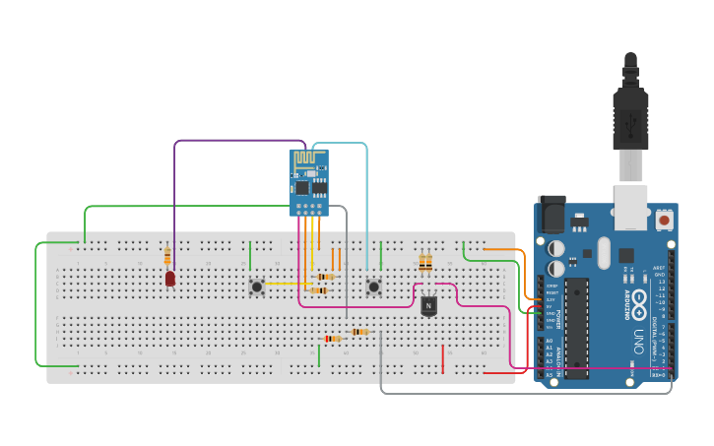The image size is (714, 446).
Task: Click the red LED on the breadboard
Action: coord(170,279)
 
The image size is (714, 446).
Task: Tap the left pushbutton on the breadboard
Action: coord(257,287)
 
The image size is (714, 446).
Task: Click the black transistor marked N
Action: coord(428,306)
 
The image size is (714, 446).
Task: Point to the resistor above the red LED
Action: coord(167,254)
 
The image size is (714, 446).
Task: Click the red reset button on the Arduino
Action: coord(665,221)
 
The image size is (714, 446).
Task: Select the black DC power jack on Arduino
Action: coord(552,214)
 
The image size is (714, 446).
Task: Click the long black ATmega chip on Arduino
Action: coord(576,327)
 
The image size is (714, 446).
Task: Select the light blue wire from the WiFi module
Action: coord(366,197)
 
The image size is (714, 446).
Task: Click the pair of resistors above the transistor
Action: coord(425,263)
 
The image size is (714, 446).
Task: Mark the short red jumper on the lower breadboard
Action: coord(443,358)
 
